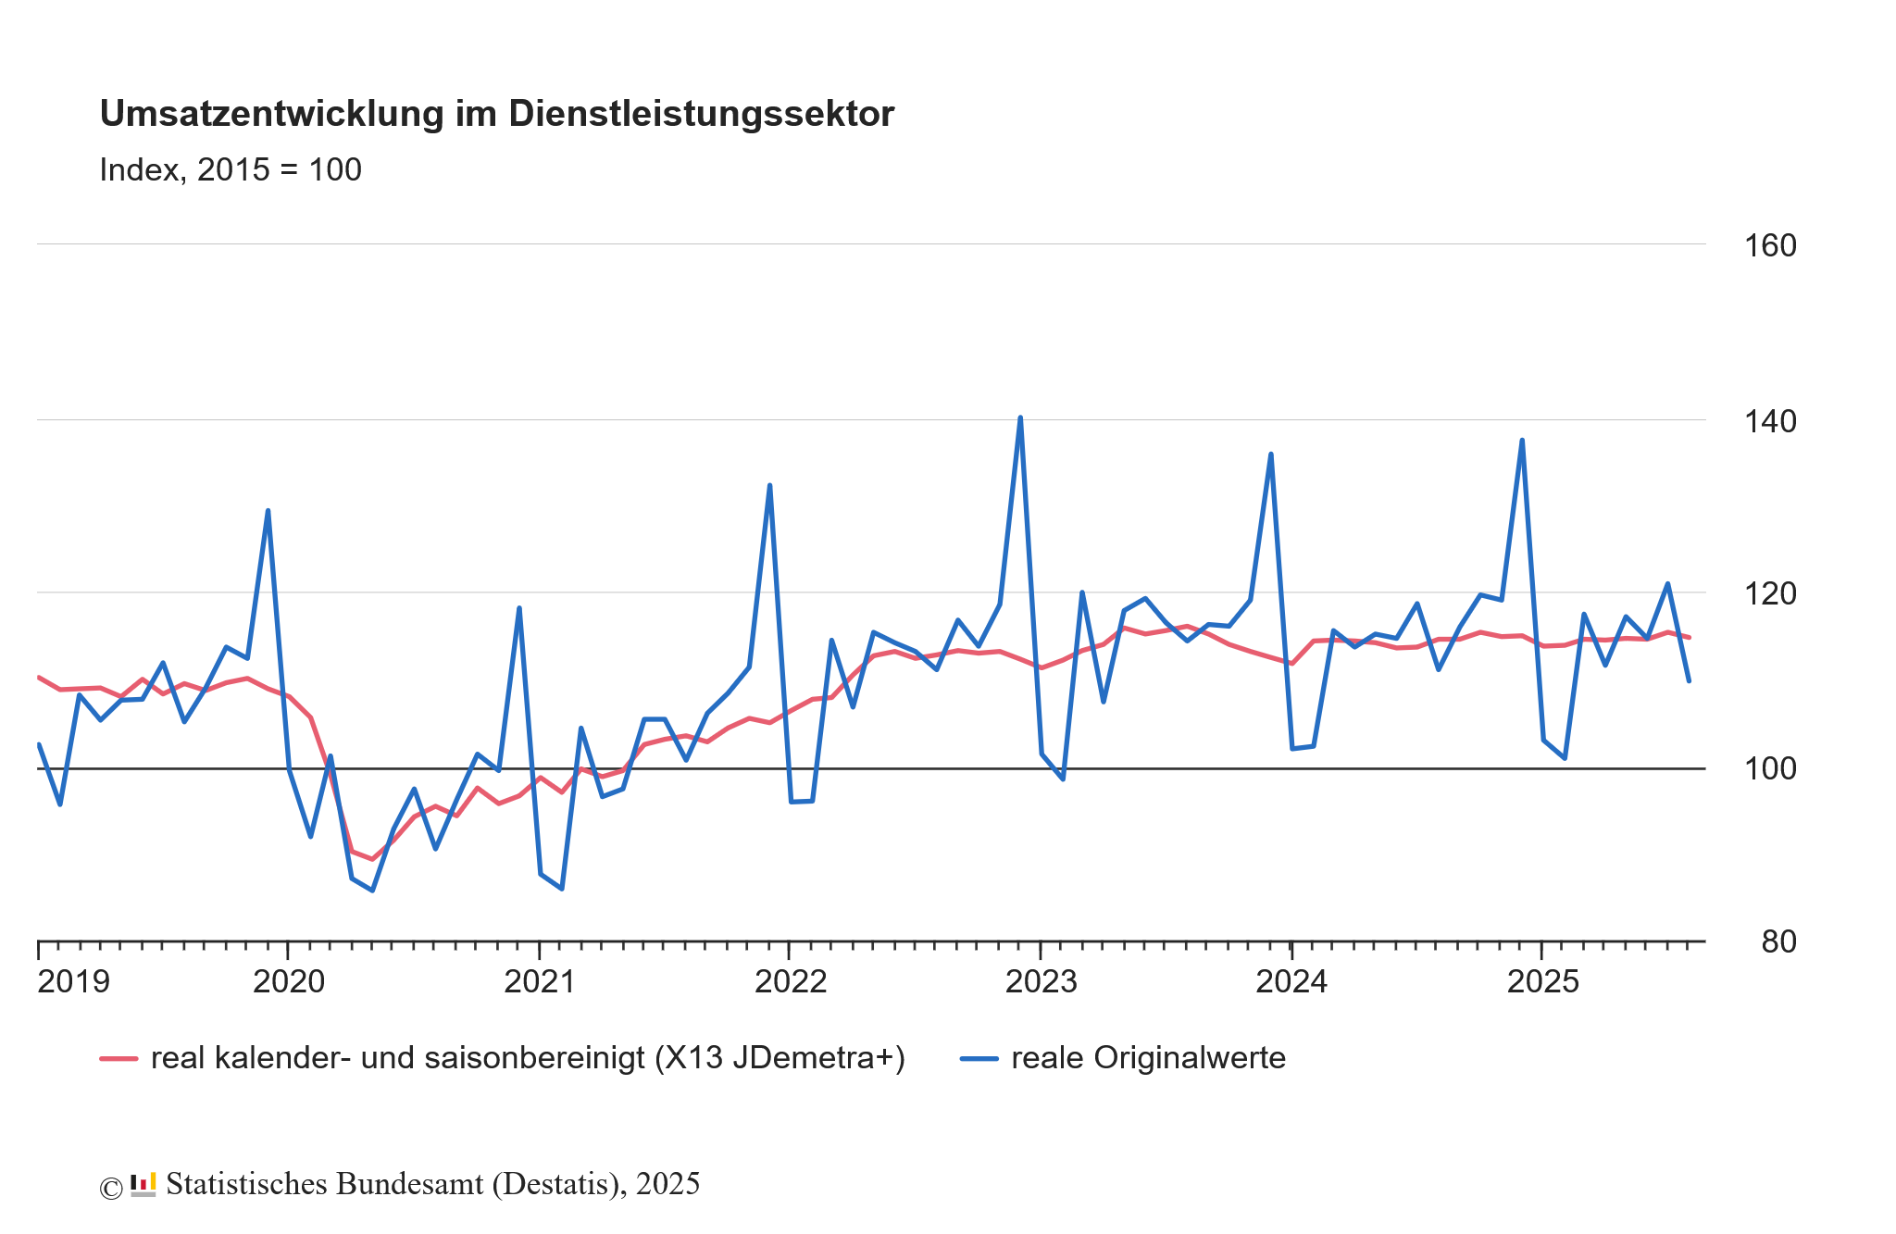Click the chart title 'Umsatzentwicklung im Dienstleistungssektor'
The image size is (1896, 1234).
pyautogui.click(x=496, y=114)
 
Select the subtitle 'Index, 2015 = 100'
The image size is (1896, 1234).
pyautogui.click(x=230, y=170)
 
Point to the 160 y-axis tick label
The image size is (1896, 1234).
pyautogui.click(x=1769, y=246)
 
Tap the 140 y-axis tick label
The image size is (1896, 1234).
pyautogui.click(x=1769, y=422)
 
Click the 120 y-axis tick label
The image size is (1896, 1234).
pyautogui.click(x=1769, y=594)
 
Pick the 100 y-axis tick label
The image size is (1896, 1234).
pyautogui.click(x=1769, y=769)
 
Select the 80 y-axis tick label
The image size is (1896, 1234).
pyautogui.click(x=1777, y=942)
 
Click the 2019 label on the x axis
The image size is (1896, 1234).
pyautogui.click(x=73, y=982)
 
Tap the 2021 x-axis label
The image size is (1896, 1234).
pyautogui.click(x=540, y=982)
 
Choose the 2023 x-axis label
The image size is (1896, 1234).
pyautogui.click(x=1042, y=982)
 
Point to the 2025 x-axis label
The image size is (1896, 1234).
pyautogui.click(x=1542, y=982)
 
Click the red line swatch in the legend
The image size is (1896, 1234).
pyautogui.click(x=118, y=1058)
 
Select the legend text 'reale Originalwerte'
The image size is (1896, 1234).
pyautogui.click(x=1148, y=1058)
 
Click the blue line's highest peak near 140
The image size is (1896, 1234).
pyautogui.click(x=1020, y=418)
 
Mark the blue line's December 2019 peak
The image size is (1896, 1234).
pyautogui.click(x=268, y=510)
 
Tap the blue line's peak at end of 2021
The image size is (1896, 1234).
pyautogui.click(x=769, y=485)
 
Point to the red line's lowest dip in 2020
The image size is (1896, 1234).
pyautogui.click(x=372, y=859)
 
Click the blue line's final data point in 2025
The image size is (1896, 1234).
pyautogui.click(x=1689, y=681)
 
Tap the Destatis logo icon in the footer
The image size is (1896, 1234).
pyautogui.click(x=143, y=1185)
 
